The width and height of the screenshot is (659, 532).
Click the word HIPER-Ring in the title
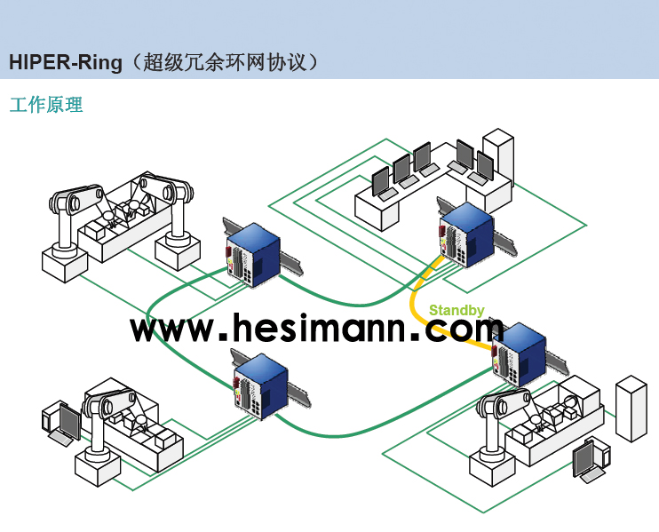(66, 62)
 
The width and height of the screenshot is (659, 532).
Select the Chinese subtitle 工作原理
(45, 105)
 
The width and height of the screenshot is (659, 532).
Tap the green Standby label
(457, 310)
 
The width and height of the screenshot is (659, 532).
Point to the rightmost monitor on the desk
(484, 166)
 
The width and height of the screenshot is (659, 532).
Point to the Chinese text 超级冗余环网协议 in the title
(226, 62)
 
